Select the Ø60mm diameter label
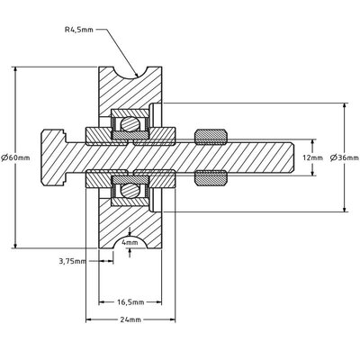tap(15, 157)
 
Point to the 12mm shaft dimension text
tap(310, 157)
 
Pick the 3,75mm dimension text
tap(71, 263)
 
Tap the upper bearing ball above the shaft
tap(130, 122)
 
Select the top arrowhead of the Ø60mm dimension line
tap(16, 69)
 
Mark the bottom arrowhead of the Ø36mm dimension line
tap(346, 209)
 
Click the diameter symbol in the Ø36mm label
tap(334, 157)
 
